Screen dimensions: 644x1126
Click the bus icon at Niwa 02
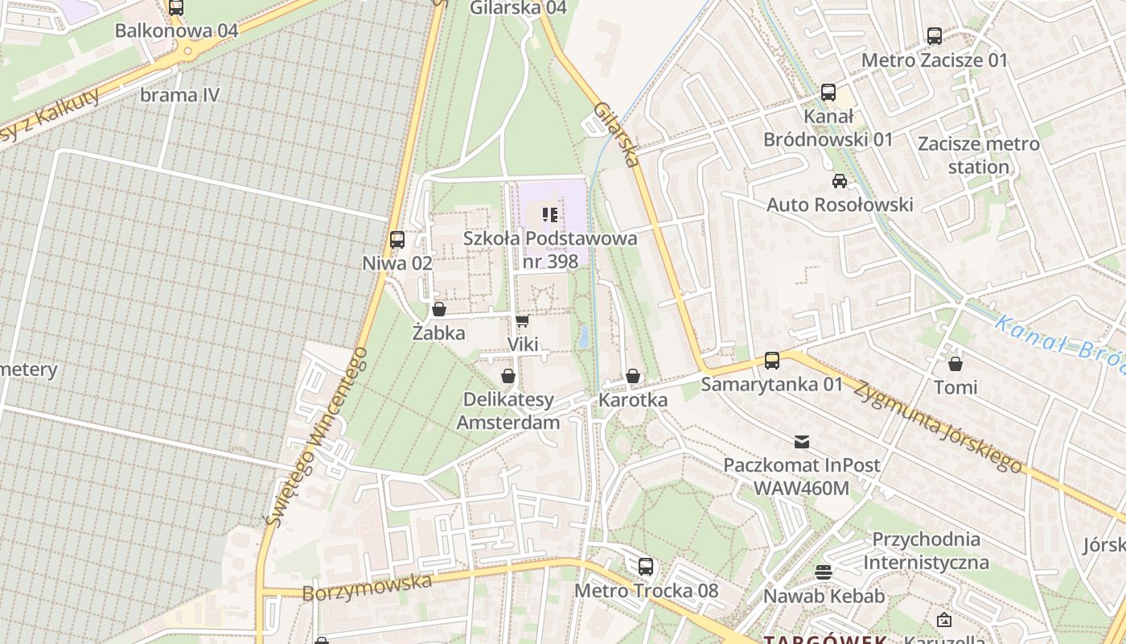point(397,239)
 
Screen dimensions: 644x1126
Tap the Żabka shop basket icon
point(439,309)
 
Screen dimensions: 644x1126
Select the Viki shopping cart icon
point(522,321)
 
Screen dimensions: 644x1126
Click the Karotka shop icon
point(633,376)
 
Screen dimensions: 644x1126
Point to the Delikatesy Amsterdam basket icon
point(508,376)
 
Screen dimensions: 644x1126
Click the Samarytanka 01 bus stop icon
point(772,360)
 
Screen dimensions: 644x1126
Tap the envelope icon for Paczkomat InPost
point(802,441)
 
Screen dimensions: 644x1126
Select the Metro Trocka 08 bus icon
point(646,566)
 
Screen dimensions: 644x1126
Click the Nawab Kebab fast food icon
point(824,572)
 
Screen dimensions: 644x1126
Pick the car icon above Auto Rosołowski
point(840,180)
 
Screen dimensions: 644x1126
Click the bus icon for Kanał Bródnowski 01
point(828,93)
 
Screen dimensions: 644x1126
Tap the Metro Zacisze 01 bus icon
point(935,36)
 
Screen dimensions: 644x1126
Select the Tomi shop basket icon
point(955,364)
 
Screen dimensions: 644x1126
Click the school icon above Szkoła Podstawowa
point(550,214)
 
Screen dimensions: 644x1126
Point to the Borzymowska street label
point(367,586)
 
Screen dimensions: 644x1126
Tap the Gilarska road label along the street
point(617,134)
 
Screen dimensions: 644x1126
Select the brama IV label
point(179,95)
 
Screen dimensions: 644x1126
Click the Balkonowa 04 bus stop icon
point(176,8)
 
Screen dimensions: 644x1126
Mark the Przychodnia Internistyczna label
point(926,550)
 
